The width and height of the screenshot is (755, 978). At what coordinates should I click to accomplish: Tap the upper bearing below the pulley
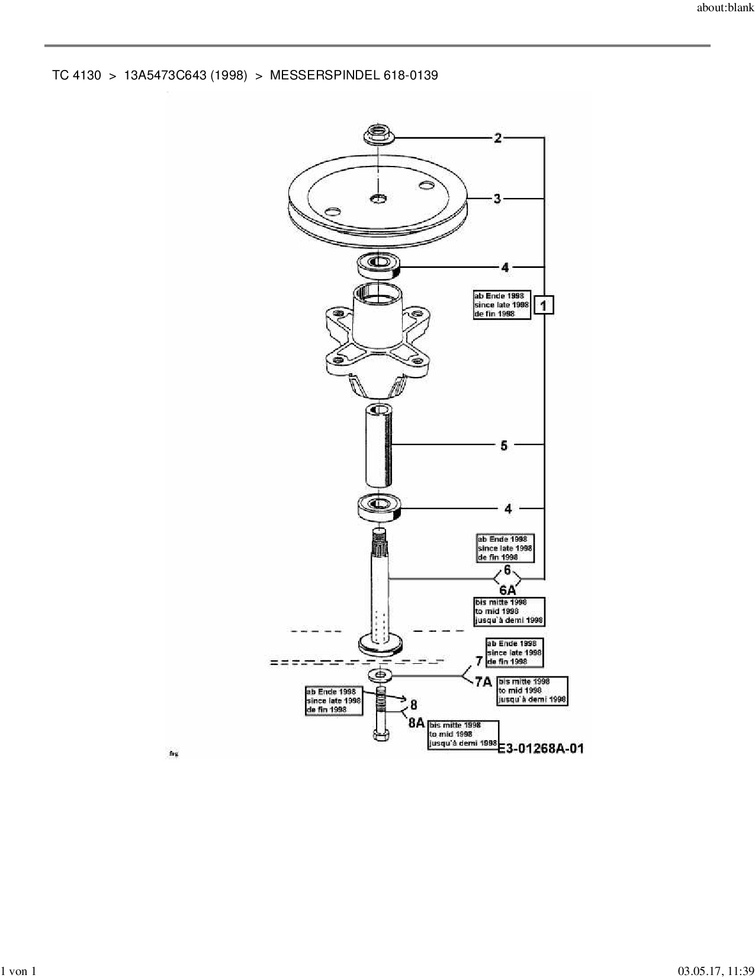[379, 264]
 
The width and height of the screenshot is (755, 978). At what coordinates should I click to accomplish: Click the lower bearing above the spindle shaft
[380, 506]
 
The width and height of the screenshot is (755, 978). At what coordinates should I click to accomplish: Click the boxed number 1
[544, 305]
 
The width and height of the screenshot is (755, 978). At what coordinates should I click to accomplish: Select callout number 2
[498, 138]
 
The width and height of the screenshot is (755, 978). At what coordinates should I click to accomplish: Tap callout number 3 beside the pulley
[497, 199]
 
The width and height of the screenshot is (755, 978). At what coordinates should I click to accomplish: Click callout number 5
[504, 445]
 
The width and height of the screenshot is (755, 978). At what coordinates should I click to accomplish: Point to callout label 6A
[507, 590]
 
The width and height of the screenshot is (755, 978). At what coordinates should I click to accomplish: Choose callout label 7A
[484, 682]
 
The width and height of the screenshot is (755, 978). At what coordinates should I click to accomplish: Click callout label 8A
[416, 723]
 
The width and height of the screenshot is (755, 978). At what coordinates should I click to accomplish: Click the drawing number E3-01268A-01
[541, 749]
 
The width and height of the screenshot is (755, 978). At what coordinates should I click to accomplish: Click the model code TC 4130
[76, 75]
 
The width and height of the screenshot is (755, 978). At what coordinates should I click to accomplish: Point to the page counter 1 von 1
[19, 971]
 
